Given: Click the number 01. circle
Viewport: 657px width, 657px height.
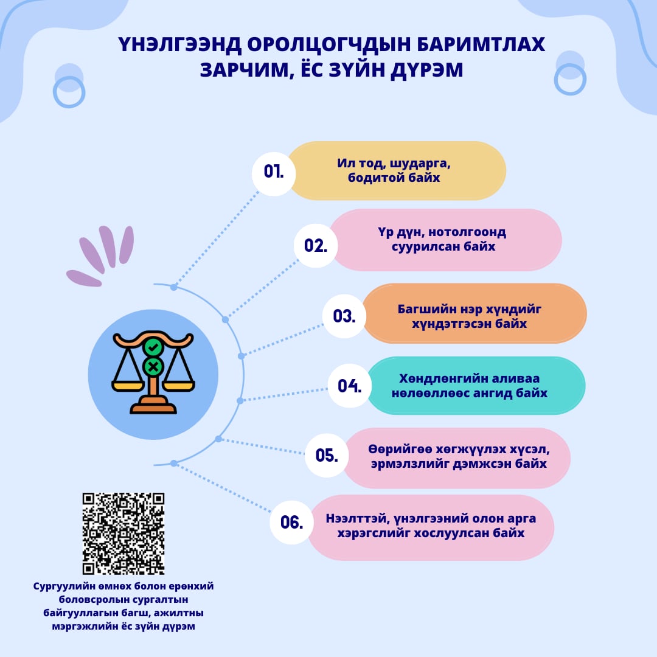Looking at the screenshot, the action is click(274, 173).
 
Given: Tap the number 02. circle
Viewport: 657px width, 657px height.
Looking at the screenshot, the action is click(316, 246).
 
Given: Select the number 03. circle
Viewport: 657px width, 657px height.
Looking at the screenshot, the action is click(344, 316).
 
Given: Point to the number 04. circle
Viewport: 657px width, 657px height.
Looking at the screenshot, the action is click(349, 386).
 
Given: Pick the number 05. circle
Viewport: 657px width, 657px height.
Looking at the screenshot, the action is click(327, 455).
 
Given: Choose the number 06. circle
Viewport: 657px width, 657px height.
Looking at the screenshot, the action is click(291, 522).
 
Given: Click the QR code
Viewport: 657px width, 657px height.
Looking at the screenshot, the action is click(123, 534).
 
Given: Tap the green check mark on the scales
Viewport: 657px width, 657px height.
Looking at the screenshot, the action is click(153, 347).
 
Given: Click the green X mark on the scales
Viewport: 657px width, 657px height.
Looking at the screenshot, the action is click(153, 367).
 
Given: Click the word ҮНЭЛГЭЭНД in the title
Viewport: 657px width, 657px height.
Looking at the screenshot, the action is click(179, 44).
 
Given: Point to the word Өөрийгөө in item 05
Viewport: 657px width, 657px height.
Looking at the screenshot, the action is click(400, 449).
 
